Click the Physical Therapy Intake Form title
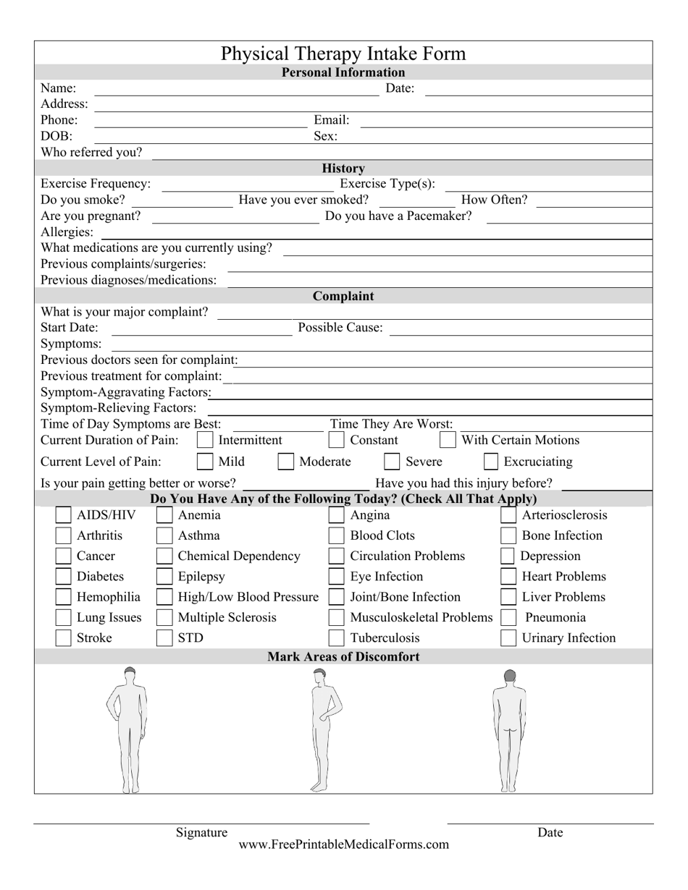click(x=343, y=54)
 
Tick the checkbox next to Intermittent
click(x=205, y=440)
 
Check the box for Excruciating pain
click(x=490, y=462)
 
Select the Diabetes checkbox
click(x=64, y=577)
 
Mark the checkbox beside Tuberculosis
click(x=336, y=638)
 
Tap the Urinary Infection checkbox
click(x=508, y=638)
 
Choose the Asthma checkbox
click(x=165, y=536)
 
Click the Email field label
click(x=331, y=120)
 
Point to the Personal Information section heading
click(x=343, y=72)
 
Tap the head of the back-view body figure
click(x=510, y=676)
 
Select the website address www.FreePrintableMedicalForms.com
click(x=343, y=844)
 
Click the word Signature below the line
click(x=201, y=832)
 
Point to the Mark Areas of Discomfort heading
click(x=343, y=657)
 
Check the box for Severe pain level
click(x=392, y=462)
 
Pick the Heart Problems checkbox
click(x=508, y=577)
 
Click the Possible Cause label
click(x=340, y=328)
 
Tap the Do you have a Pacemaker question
click(x=398, y=216)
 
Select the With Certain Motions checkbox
click(x=448, y=440)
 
